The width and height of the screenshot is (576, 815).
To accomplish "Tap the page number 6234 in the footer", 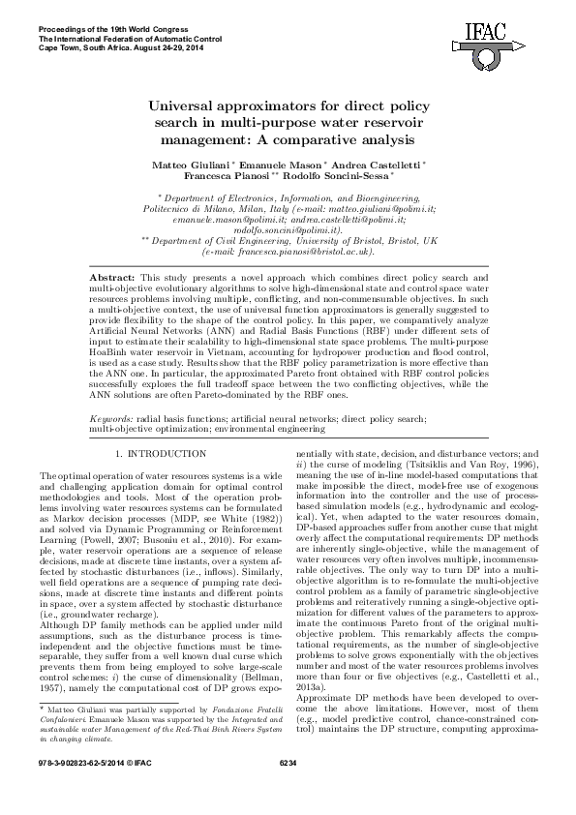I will click(x=288, y=791).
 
